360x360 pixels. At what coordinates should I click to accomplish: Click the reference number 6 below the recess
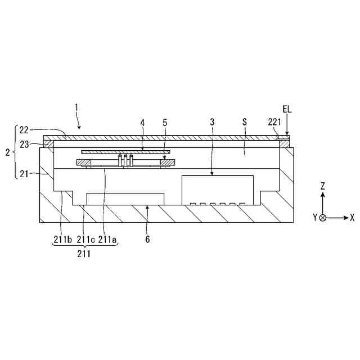147,240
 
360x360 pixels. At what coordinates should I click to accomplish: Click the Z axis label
322,186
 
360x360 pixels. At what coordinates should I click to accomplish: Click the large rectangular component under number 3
217,190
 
